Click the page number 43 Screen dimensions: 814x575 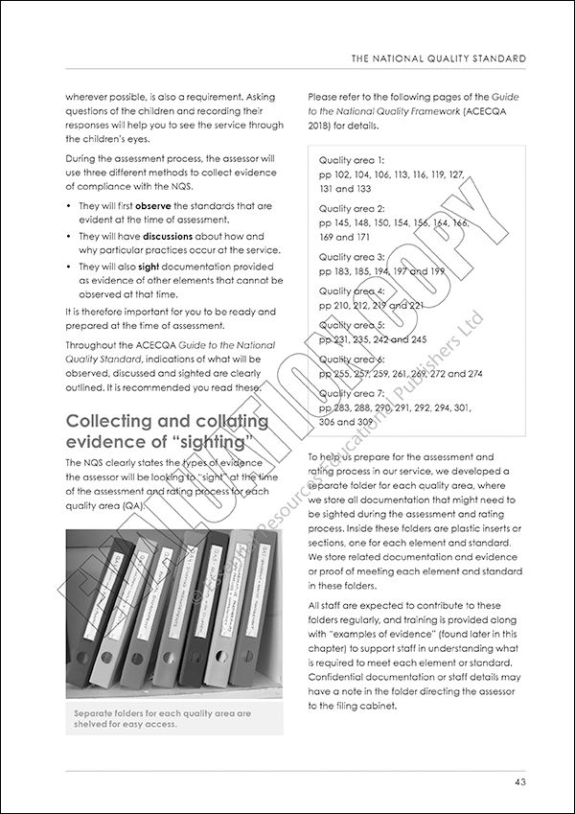[x=518, y=782]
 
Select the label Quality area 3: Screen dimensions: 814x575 [x=352, y=257]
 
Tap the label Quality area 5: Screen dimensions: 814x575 [x=352, y=324]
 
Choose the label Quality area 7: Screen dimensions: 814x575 [x=352, y=393]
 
